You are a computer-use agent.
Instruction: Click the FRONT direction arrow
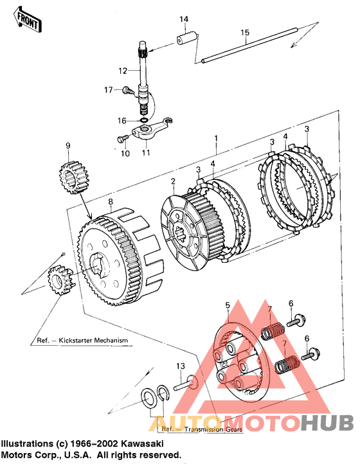[27, 21]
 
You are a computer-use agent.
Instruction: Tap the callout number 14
[184, 19]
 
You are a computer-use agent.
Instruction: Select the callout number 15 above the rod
[245, 32]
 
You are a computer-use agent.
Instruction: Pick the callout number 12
[123, 71]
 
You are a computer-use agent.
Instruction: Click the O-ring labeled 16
[143, 120]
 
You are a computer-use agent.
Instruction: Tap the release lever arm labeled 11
[152, 128]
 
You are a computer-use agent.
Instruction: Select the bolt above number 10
[123, 138]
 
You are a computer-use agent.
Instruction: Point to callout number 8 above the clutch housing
[111, 202]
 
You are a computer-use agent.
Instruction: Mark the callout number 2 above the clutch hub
[173, 181]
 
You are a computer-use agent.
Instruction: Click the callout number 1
[216, 138]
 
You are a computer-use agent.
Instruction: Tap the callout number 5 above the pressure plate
[228, 305]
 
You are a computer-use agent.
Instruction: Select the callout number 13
[181, 366]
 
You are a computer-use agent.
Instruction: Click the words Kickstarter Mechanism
[94, 341]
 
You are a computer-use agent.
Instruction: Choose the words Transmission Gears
[213, 429]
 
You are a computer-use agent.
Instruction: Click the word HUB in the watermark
[327, 422]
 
